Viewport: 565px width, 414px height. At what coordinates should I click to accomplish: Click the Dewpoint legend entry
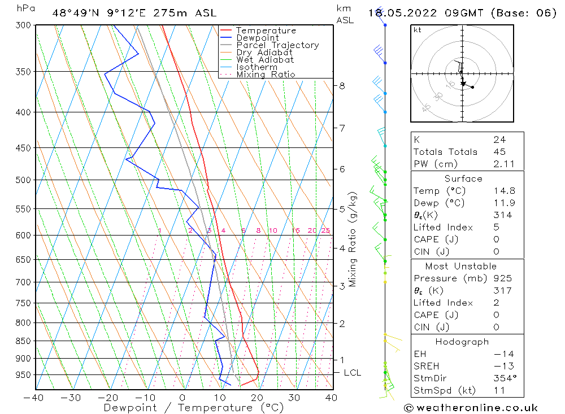pyautogui.click(x=257, y=38)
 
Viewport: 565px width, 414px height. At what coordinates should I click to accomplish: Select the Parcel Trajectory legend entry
pyautogui.click(x=277, y=45)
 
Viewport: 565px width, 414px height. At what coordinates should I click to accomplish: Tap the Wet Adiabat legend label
pyautogui.click(x=265, y=60)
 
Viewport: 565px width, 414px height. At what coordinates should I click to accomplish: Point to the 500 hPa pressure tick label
pyautogui.click(x=23, y=180)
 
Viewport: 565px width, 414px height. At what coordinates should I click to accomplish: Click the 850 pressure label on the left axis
pyautogui.click(x=23, y=341)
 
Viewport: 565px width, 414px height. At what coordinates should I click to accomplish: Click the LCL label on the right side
pyautogui.click(x=352, y=373)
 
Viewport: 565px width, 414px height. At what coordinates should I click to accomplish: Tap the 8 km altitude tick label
pyautogui.click(x=342, y=86)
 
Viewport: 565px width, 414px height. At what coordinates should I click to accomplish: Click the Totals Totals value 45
pyautogui.click(x=499, y=152)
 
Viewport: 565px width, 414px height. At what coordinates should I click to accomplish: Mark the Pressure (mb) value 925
pyautogui.click(x=502, y=278)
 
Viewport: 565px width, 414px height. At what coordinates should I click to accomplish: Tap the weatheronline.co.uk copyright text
pyautogui.click(x=471, y=407)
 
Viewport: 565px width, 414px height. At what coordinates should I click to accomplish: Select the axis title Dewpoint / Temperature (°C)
pyautogui.click(x=194, y=407)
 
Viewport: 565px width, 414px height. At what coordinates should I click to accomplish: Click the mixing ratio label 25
pyautogui.click(x=325, y=230)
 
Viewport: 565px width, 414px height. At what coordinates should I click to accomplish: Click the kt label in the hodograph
pyautogui.click(x=417, y=30)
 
